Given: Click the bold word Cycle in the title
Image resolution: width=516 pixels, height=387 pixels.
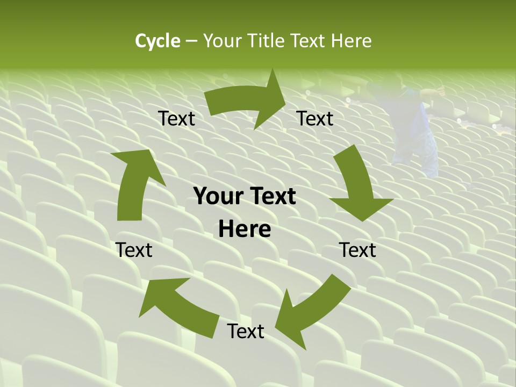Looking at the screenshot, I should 157,41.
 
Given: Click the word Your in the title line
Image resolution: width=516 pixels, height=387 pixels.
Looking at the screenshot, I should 222,41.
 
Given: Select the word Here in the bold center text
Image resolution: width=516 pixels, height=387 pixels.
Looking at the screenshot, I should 245,230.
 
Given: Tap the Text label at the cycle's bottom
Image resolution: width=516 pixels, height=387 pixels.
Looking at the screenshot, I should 246,332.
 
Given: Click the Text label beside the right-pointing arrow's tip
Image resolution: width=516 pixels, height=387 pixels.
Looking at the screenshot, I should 315,119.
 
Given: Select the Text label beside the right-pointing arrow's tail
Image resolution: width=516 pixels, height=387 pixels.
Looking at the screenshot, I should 176,119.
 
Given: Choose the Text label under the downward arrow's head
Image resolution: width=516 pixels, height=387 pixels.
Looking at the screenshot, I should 357,250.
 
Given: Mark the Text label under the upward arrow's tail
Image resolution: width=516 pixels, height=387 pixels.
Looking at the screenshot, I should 134,250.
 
